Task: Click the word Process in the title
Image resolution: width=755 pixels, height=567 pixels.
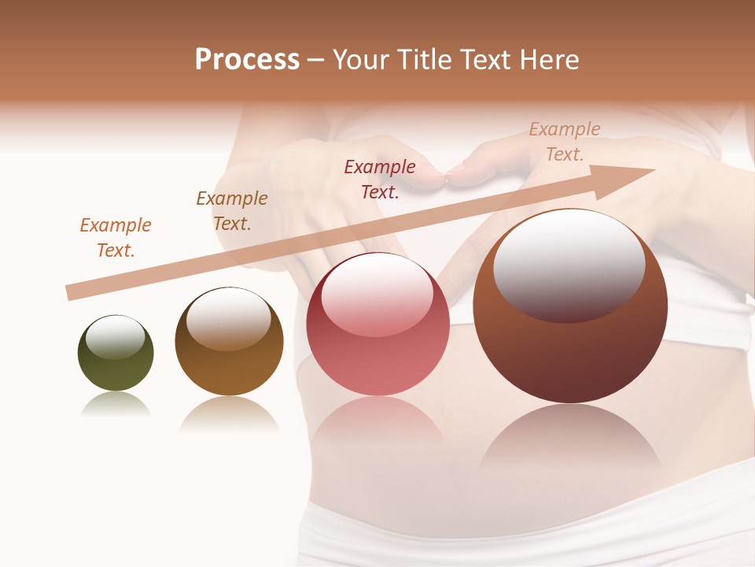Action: (247, 60)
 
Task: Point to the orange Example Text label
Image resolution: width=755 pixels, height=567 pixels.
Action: (116, 238)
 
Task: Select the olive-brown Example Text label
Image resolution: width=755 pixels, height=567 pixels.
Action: (232, 211)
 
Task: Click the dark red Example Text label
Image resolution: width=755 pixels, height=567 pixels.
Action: (380, 179)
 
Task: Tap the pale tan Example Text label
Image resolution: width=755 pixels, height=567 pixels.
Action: (565, 142)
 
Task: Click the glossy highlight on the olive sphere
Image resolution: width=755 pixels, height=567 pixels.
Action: (115, 336)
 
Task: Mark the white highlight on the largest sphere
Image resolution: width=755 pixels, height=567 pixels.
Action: (569, 265)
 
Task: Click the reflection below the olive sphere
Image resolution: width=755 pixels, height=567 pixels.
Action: (116, 405)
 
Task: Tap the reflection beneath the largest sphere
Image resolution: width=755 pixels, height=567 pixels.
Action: (570, 441)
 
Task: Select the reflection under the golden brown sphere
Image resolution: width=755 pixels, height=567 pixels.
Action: (229, 413)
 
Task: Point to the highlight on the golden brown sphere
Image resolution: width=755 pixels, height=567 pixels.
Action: (229, 317)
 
